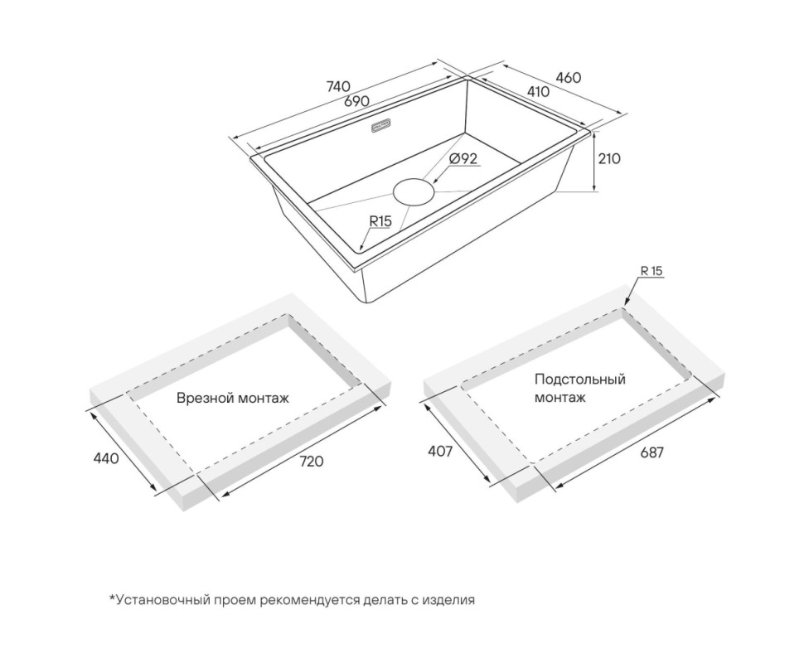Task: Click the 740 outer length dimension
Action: point(338,86)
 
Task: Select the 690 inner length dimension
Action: point(356,101)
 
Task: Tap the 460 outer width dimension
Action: point(569,77)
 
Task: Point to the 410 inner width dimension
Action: point(538,91)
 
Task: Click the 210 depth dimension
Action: point(609,158)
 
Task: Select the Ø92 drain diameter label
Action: point(463,158)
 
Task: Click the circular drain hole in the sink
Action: point(414,191)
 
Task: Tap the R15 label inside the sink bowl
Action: point(380,221)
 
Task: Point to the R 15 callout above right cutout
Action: point(651,271)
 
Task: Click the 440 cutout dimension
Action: point(106,457)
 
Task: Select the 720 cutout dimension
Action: point(312,461)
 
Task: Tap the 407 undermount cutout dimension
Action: point(440,451)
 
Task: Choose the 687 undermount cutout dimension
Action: point(651,452)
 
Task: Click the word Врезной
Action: point(201,398)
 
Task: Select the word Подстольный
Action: point(580,380)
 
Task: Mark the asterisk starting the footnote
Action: point(112,598)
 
